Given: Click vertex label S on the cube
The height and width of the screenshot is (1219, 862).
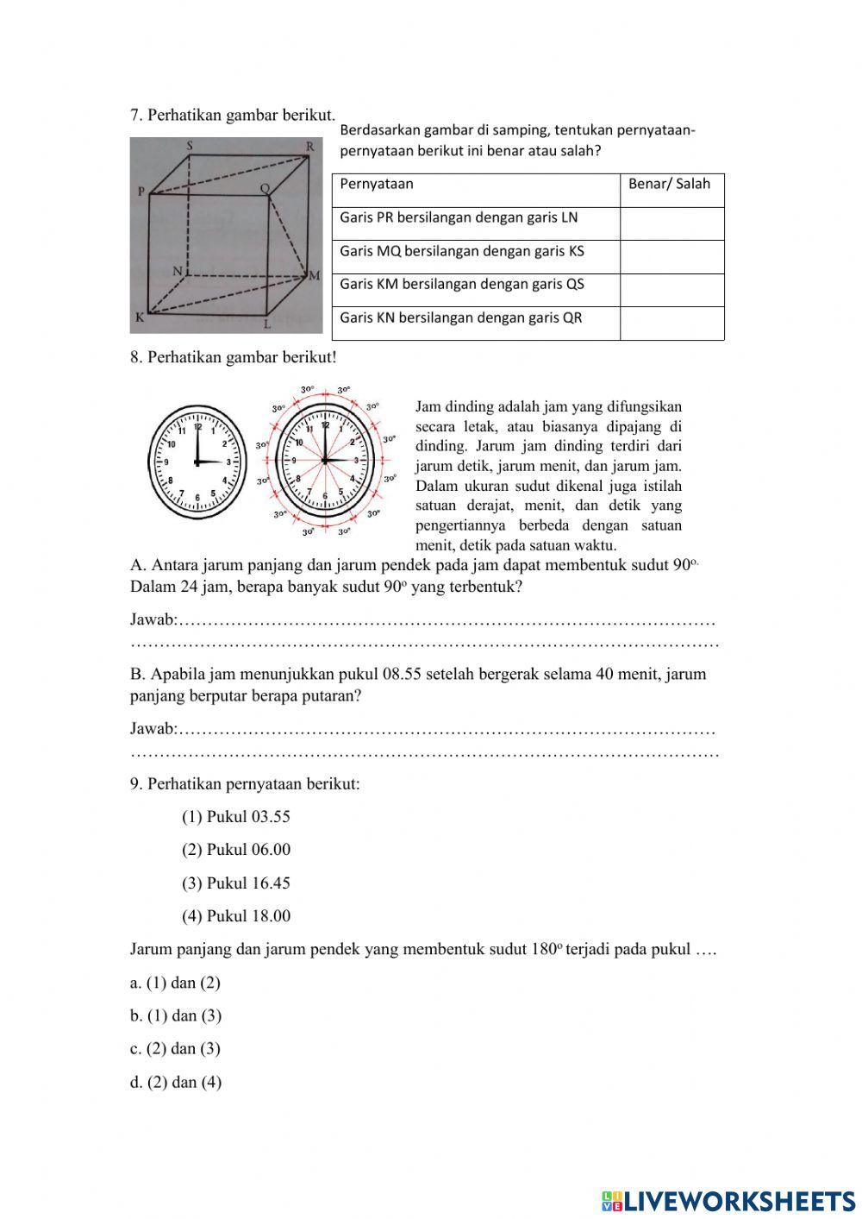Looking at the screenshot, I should [x=190, y=146].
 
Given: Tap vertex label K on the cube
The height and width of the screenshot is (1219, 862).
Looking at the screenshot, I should [x=139, y=317].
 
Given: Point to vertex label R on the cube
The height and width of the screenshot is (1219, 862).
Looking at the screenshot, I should [x=310, y=147].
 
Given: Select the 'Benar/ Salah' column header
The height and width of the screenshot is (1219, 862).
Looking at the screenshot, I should [x=670, y=184].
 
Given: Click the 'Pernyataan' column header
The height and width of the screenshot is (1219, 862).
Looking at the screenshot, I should [x=377, y=184].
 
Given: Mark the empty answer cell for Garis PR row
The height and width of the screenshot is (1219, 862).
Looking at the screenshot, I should [x=671, y=223].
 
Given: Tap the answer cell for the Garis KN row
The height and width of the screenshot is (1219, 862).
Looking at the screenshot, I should [x=671, y=324].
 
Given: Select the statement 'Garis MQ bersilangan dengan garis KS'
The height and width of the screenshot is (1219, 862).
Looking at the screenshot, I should [x=462, y=251].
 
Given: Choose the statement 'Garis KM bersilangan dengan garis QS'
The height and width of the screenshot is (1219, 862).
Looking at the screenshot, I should [x=462, y=284].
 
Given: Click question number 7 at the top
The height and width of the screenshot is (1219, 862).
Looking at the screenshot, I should [x=136, y=115].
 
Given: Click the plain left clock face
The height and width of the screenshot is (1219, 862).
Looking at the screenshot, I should [x=197, y=462].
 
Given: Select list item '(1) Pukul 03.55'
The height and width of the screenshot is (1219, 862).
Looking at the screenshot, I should [x=236, y=817].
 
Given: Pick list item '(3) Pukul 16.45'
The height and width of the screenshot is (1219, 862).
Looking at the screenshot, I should [x=236, y=883].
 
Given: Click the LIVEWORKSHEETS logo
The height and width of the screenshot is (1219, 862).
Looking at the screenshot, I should [x=728, y=1201].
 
